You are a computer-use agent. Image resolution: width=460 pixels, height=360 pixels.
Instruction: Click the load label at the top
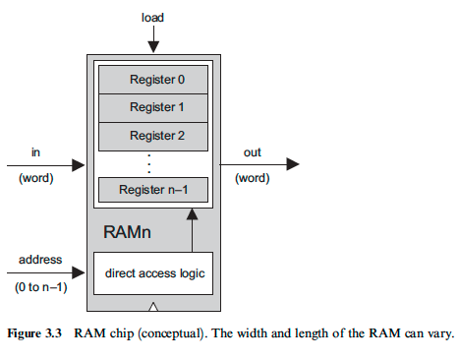tap(152, 17)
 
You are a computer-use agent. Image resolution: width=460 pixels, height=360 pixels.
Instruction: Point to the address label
tap(40, 261)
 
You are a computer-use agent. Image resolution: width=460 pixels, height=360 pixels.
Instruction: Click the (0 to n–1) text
tap(40, 287)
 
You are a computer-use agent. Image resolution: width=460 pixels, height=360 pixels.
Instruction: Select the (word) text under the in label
tap(36, 178)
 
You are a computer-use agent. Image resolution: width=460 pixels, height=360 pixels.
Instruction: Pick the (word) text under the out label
tap(252, 178)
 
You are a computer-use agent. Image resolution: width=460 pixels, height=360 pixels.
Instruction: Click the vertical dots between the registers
tap(149, 162)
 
